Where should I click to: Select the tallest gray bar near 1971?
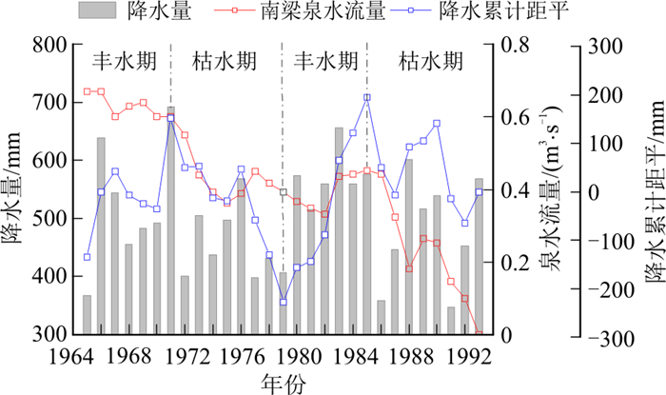pyautogui.click(x=171, y=220)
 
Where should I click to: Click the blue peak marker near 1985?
pyautogui.click(x=367, y=97)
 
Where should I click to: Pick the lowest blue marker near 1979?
pyautogui.click(x=283, y=303)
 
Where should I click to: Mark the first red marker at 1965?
pyautogui.click(x=87, y=91)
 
